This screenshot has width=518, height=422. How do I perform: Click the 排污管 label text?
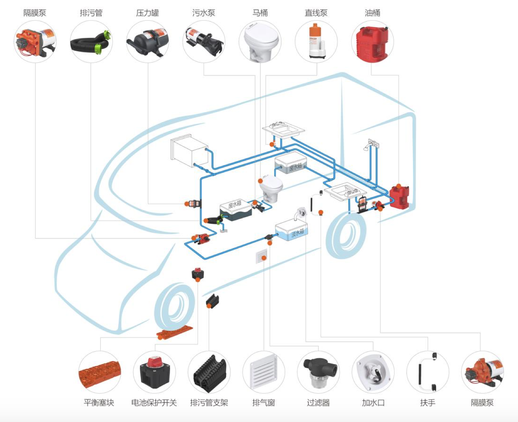[91, 13]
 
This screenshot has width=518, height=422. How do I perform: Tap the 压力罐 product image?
[147, 42]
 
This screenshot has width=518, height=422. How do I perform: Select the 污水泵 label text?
[204, 13]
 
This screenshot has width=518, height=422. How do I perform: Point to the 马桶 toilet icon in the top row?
[260, 42]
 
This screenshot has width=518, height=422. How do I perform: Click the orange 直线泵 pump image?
[316, 41]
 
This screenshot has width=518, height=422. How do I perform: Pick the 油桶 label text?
[372, 13]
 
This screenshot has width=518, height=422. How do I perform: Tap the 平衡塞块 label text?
[99, 402]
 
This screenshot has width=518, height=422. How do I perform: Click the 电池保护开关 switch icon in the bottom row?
[154, 372]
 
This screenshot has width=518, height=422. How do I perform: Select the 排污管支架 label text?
[209, 402]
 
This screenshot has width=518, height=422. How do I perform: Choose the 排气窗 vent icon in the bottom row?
[263, 372]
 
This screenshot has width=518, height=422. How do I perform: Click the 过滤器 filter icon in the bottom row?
[318, 372]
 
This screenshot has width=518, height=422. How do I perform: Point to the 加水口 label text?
[373, 402]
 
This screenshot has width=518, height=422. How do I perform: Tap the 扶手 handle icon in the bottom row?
[428, 372]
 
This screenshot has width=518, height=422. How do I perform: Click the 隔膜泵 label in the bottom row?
[482, 402]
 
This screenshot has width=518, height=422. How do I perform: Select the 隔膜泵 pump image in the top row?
[35, 42]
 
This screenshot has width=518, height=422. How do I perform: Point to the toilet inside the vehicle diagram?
[271, 188]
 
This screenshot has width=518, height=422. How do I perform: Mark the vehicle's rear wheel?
[346, 235]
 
